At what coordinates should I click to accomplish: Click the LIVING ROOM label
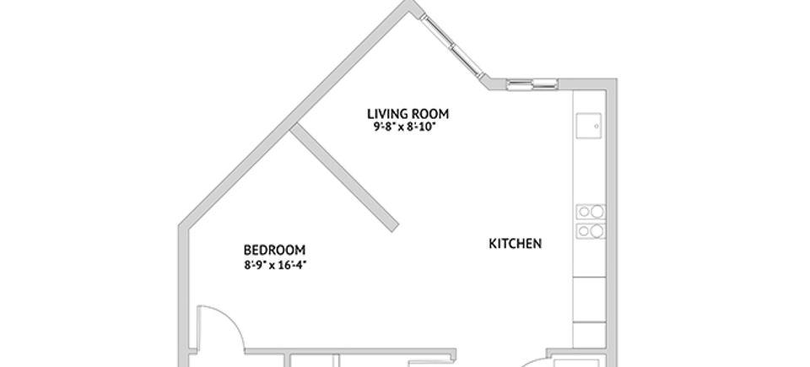pyautogui.click(x=408, y=114)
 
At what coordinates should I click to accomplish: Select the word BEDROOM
pyautogui.click(x=274, y=251)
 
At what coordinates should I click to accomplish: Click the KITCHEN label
pyautogui.click(x=515, y=244)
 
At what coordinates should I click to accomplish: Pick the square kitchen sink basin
pyautogui.click(x=589, y=126)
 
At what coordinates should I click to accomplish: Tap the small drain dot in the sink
pyautogui.click(x=597, y=126)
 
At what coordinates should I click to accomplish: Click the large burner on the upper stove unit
pyautogui.click(x=597, y=212)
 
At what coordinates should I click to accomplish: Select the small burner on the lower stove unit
pyautogui.click(x=584, y=231)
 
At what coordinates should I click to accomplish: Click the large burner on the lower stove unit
pyautogui.click(x=597, y=231)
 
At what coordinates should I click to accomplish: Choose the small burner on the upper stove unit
pyautogui.click(x=584, y=212)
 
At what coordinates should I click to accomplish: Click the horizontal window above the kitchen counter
pyautogui.click(x=532, y=84)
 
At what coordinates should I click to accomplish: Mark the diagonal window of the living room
pyautogui.click(x=452, y=46)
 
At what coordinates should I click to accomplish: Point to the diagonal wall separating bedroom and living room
pyautogui.click(x=344, y=177)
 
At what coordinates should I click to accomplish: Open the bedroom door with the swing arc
pyautogui.click(x=221, y=327)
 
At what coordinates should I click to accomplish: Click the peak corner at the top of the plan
pyautogui.click(x=411, y=2)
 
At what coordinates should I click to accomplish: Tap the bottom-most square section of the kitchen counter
pyautogui.click(x=590, y=334)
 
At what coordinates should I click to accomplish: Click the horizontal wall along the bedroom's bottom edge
pyautogui.click(x=350, y=352)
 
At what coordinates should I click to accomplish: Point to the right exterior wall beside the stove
pyautogui.click(x=612, y=221)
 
